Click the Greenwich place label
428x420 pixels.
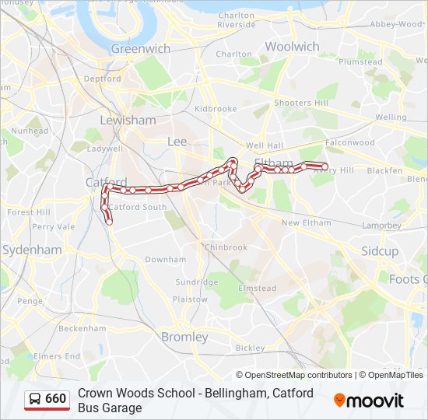(140, 48)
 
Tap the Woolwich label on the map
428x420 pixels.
(292, 47)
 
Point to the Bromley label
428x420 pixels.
(184, 337)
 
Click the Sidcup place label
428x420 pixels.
(380, 251)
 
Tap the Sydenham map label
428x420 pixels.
(32, 250)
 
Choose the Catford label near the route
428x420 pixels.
(105, 183)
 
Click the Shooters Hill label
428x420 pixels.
(301, 103)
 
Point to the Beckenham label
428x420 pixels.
(82, 328)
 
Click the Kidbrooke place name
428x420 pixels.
(216, 109)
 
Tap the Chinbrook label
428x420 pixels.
(225, 247)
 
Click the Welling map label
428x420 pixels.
(391, 117)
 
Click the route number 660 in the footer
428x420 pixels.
(55, 399)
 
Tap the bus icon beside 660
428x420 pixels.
(35, 399)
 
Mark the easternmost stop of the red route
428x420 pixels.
(325, 166)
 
